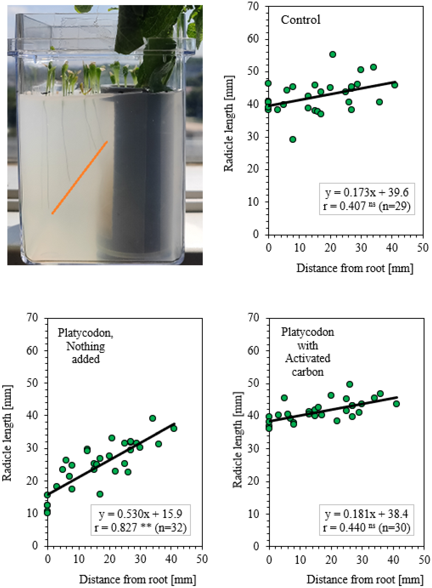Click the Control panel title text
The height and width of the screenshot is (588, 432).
tap(300, 20)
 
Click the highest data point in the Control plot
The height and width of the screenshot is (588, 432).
tap(332, 54)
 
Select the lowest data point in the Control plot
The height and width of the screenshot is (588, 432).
tap(293, 139)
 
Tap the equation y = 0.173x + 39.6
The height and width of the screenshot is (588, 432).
tap(367, 193)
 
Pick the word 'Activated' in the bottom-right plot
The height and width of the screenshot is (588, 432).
tap(308, 358)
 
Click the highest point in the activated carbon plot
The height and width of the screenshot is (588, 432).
tap(350, 384)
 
